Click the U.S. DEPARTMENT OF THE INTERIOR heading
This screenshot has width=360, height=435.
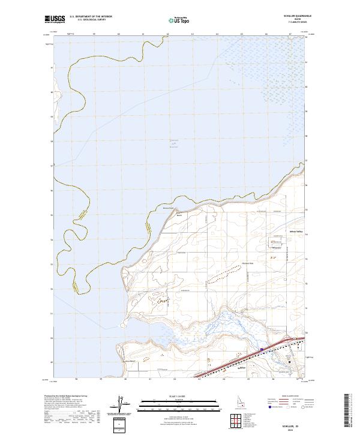91,17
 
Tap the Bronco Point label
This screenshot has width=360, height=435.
168,208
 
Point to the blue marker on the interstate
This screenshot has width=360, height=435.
262,349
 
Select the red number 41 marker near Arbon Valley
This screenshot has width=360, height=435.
272,242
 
